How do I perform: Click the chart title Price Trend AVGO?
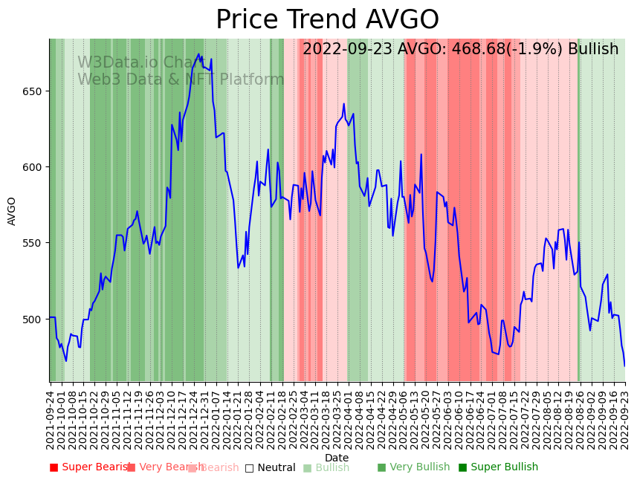tap(327, 20)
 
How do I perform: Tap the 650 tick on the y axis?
tap(34, 91)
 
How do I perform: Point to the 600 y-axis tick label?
tap(34, 167)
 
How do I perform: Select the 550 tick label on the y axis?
tap(34, 243)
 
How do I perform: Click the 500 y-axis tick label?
tap(34, 320)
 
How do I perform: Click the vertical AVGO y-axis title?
tap(12, 211)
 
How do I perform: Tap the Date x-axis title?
tap(337, 458)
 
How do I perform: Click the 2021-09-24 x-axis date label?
tap(51, 420)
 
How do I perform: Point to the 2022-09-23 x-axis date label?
tap(625, 420)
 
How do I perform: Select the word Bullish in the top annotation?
tap(592, 50)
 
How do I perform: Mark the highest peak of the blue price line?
tap(198, 54)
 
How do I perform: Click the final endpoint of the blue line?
tap(624, 366)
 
